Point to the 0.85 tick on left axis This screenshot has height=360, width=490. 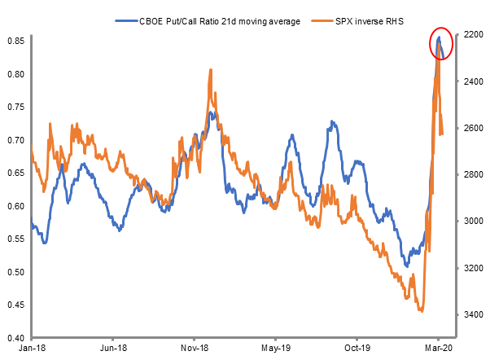pyautogui.click(x=15, y=39)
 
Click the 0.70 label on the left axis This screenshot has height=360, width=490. pyautogui.click(x=15, y=139)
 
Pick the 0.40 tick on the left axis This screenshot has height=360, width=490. pyautogui.click(x=15, y=337)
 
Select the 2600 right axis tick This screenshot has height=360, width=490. pyautogui.click(x=469, y=129)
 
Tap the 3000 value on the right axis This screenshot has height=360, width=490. pyautogui.click(x=469, y=222)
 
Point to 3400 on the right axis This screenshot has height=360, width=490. pyautogui.click(x=469, y=314)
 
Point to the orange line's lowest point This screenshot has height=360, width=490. pyautogui.click(x=421, y=310)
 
